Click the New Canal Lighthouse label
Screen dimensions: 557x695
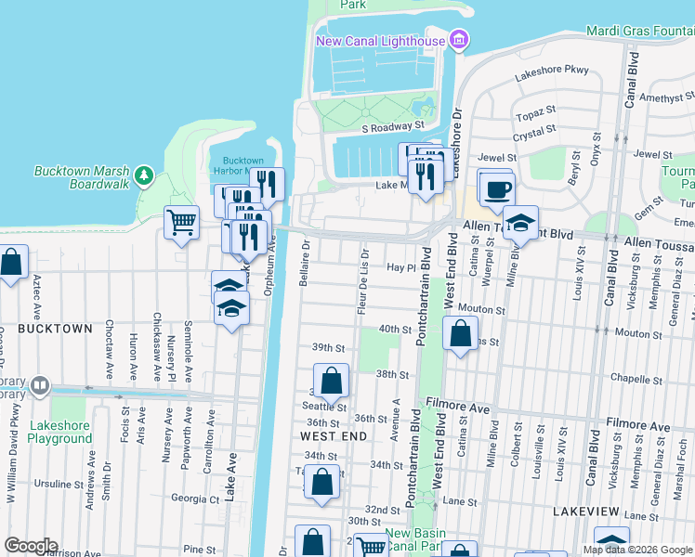point(380,41)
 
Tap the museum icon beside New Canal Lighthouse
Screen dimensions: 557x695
point(458,40)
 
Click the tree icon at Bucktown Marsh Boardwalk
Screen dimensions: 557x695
point(143,175)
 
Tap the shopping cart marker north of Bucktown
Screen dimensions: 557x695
point(182,222)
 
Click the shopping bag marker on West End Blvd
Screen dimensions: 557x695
point(461,333)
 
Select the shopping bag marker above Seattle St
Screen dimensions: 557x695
point(331,380)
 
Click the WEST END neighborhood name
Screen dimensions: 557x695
point(332,435)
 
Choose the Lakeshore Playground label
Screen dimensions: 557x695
point(60,433)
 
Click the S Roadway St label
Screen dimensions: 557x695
point(392,124)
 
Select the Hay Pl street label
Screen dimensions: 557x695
point(399,266)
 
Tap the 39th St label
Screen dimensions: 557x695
point(328,347)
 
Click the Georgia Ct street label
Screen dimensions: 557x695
point(194,499)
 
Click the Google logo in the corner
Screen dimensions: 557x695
point(31,546)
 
